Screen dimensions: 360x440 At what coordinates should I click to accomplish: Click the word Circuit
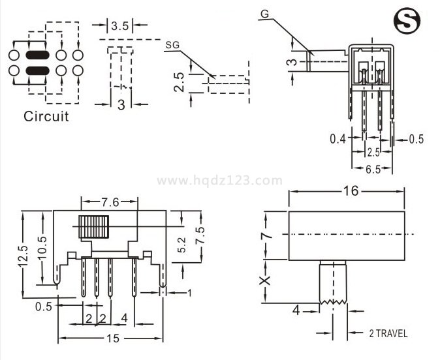[46, 117]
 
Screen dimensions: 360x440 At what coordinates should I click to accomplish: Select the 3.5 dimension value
[120, 26]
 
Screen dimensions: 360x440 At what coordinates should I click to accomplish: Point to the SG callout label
[172, 45]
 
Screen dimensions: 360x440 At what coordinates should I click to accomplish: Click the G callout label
[264, 14]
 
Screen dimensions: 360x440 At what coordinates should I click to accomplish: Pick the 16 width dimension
[349, 191]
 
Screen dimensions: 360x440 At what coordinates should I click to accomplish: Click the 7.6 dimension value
[110, 202]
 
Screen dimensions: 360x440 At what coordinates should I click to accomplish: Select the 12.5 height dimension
[22, 257]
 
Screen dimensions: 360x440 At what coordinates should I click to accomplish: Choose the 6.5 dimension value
[373, 170]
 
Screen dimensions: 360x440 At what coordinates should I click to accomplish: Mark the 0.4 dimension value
[338, 138]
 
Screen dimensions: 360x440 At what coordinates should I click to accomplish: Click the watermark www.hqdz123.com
[220, 181]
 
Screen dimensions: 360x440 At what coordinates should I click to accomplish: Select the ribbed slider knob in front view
[92, 227]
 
